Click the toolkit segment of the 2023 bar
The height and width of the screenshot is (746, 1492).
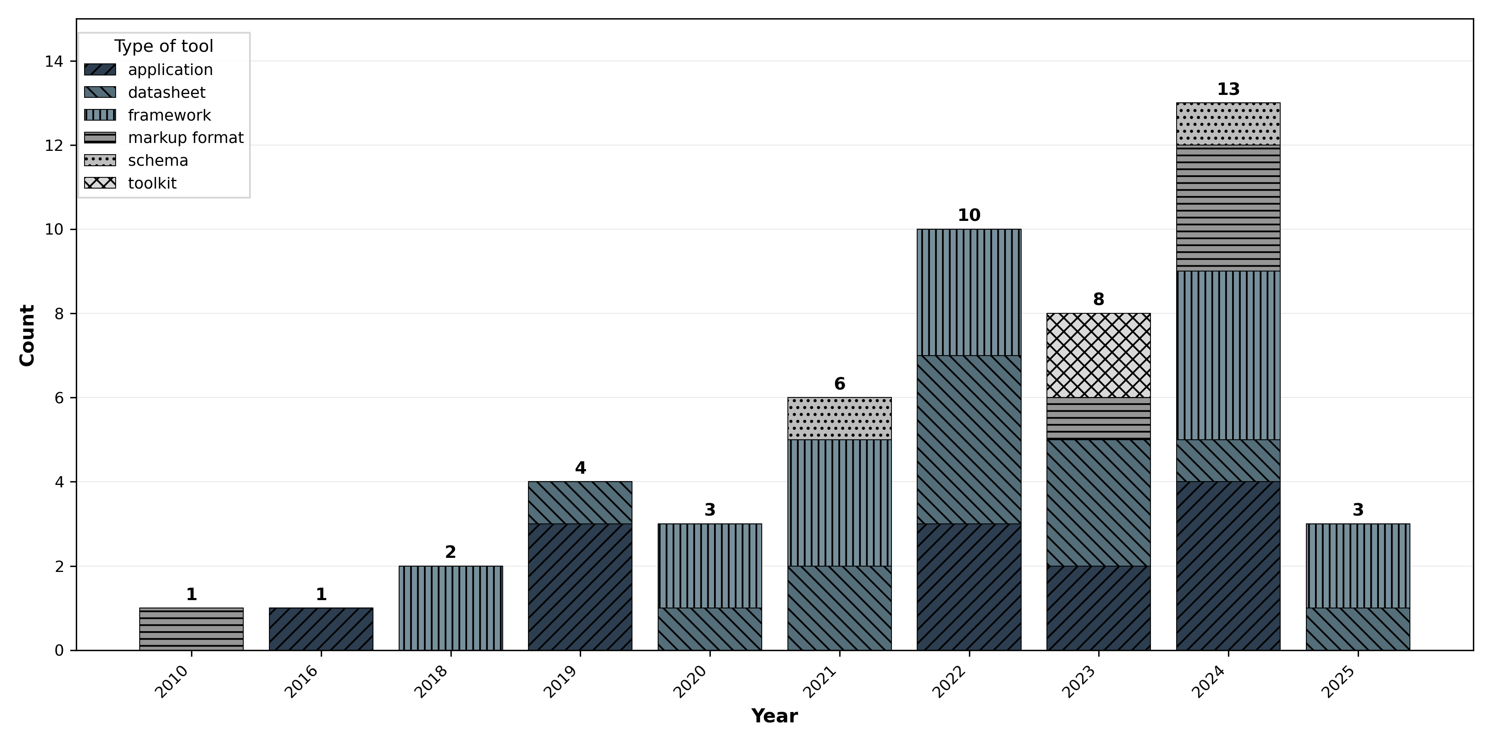1098,355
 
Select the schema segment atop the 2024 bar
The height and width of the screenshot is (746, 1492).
1228,124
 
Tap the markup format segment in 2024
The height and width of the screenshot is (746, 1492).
1228,208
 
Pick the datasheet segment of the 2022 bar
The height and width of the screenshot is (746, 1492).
969,440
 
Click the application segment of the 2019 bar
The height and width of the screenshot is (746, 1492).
580,587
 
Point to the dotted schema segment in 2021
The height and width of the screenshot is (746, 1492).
839,418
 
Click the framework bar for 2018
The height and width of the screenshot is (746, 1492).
451,608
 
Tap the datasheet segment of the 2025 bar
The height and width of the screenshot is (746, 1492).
1358,629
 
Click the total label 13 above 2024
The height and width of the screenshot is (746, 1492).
1228,89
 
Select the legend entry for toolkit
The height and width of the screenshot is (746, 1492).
152,183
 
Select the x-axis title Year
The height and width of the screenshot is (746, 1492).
774,716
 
